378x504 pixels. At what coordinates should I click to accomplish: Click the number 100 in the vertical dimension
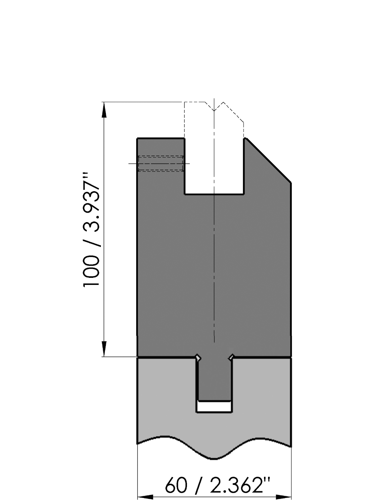coord(91,271)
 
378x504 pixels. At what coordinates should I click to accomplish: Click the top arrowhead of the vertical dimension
coord(104,110)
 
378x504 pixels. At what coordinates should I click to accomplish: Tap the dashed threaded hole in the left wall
coord(161,164)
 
